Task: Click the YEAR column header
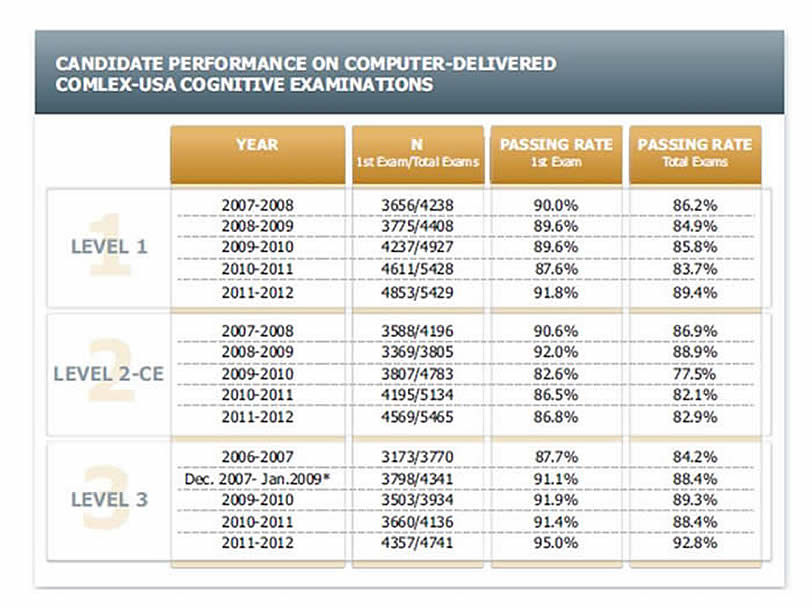[257, 145]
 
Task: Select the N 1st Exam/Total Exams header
[416, 152]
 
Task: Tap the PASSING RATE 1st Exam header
[555, 152]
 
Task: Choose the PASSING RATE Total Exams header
[694, 152]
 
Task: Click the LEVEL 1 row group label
[109, 247]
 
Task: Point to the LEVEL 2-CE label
[109, 375]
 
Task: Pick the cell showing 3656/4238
[416, 206]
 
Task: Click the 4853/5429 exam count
[416, 292]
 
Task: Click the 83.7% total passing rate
[695, 270]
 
